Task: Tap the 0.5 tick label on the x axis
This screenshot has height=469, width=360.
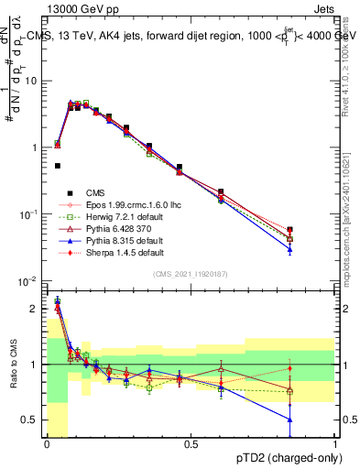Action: point(191,444)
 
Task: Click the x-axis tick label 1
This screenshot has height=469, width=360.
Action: point(335,444)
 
